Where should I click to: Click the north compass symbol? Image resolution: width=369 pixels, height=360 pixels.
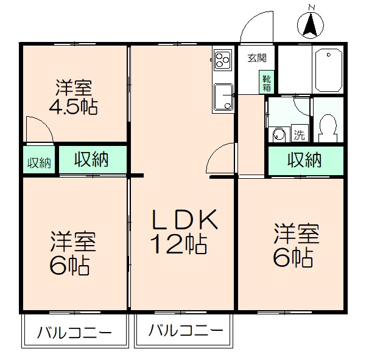tap(310, 24)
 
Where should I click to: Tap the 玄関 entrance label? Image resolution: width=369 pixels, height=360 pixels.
tap(257, 58)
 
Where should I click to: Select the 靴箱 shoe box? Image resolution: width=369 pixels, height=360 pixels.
tap(267, 82)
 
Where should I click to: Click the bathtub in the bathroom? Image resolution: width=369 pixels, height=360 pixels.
tap(328, 70)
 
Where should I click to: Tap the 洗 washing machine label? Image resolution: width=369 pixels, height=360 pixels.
tap(300, 133)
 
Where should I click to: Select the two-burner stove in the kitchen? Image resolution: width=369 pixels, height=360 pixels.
tap(222, 60)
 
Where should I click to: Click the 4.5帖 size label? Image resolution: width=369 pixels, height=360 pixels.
tap(73, 108)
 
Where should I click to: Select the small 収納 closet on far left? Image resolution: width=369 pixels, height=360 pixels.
tap(38, 162)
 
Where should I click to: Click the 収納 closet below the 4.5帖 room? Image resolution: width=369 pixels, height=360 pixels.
tap(92, 160)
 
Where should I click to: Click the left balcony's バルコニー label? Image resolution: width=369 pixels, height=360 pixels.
tap(74, 334)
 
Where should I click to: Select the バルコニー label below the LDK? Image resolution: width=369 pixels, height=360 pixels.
tap(185, 331)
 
